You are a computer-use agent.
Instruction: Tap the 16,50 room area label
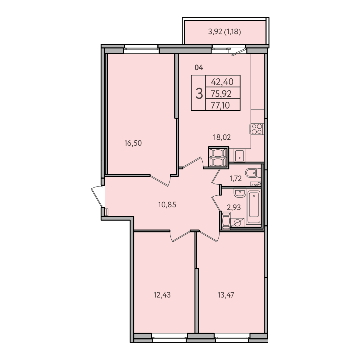point(133,143)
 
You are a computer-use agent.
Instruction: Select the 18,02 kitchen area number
point(222,137)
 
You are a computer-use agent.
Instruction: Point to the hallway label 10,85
point(167,205)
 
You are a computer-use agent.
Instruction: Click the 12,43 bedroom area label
point(162,295)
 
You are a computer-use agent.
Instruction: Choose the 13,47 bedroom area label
point(226,295)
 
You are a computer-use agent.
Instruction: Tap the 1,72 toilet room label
point(236,178)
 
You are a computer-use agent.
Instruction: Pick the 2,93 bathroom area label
point(234,207)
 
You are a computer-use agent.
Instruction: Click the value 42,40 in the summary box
point(222,82)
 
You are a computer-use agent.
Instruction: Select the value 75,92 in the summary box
point(221,94)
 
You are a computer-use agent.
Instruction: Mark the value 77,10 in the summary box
point(220,105)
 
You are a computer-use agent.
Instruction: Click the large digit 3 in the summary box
point(199,94)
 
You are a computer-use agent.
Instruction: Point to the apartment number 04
point(199,68)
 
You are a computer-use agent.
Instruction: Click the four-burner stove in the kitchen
point(257,129)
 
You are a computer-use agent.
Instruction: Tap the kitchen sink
point(240,155)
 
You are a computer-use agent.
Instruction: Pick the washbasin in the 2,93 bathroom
point(240,193)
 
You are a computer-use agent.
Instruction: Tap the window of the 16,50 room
point(141,49)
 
